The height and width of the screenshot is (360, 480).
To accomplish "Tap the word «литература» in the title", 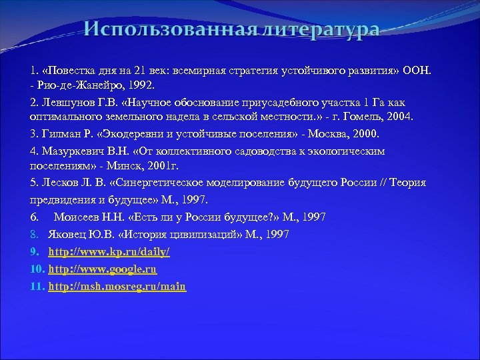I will tap(319, 31).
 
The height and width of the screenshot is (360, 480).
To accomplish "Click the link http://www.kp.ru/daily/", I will tap(109, 252).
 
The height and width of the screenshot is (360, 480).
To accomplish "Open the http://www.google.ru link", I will tap(102, 269).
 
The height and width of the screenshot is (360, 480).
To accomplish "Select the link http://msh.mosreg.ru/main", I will tap(117, 287).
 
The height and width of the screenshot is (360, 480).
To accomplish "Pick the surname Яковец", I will tap(67, 235).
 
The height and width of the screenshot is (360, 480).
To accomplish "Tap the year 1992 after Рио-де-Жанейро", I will tap(140, 87).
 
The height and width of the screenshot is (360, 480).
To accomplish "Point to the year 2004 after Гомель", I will tap(398, 117).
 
